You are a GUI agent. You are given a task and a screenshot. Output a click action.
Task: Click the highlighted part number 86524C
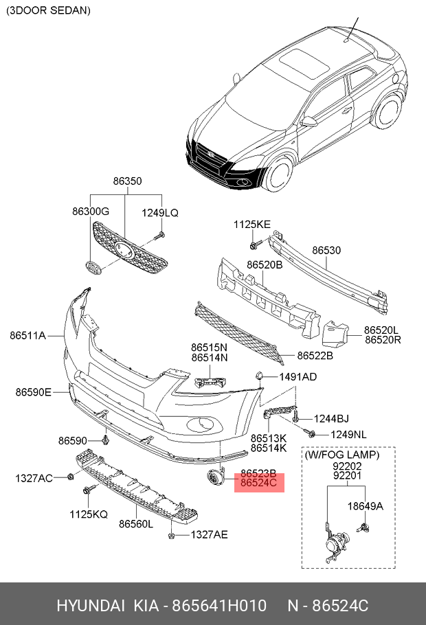pos(258,484)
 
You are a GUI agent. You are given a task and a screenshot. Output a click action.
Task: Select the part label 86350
pos(127,181)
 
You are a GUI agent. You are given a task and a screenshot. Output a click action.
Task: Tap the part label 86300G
pos(91,213)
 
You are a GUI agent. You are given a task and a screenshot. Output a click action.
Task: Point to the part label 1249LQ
pos(160,213)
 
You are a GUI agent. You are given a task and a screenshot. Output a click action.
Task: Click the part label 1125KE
pos(252,224)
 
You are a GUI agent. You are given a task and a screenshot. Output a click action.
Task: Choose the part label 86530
pos(326,251)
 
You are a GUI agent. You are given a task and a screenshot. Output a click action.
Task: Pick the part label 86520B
pos(265,264)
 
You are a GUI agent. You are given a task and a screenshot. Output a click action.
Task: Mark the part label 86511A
pos(27,336)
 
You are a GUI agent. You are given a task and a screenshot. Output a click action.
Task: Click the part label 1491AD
pos(298,377)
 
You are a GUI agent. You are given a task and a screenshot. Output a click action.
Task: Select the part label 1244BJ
pos(331,418)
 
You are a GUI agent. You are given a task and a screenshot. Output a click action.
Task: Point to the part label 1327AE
pos(209,534)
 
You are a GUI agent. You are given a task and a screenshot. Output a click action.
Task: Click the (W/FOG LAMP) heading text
pos(342,455)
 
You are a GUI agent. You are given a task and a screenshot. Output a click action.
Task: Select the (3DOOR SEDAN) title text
pos(48,11)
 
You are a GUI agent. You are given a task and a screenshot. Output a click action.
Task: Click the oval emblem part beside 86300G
pos(91,268)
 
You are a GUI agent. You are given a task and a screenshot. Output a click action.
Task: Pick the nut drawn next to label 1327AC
pos(71,477)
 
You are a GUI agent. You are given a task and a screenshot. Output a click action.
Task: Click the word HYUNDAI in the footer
pos(90,606)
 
